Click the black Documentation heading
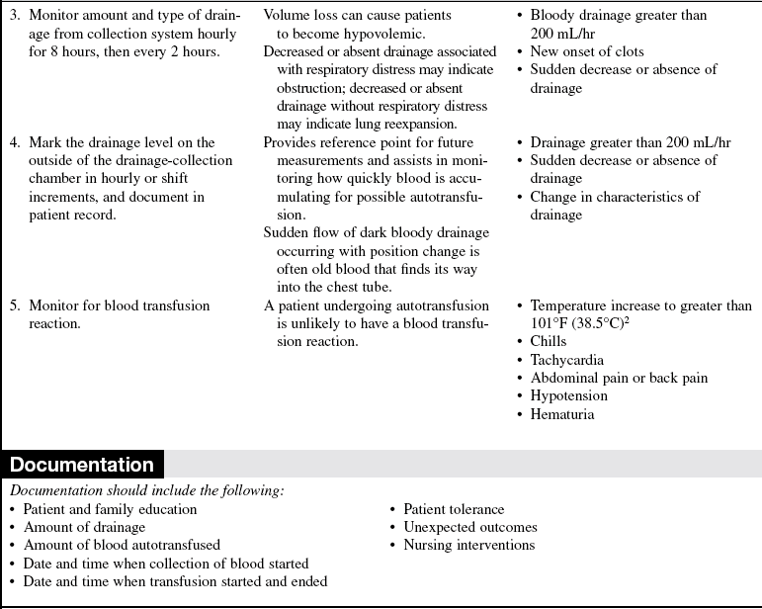point(82,465)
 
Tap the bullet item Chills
point(550,342)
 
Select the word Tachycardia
point(566,360)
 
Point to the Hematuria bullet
point(561,414)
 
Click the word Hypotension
point(568,396)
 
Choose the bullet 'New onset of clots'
point(586,51)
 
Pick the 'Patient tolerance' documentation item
point(454,509)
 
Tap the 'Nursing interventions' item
point(468,545)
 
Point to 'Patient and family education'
point(110,509)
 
